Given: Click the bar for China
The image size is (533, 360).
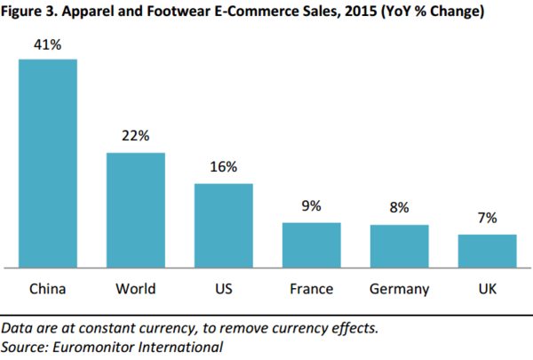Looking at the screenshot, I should (48, 163).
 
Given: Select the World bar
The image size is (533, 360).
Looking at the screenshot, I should (136, 210).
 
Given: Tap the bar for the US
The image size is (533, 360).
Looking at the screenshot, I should (224, 225).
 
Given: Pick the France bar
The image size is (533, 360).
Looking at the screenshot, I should (312, 244).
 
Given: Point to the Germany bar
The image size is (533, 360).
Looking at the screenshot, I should (399, 245).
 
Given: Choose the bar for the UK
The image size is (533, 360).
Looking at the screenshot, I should (487, 251).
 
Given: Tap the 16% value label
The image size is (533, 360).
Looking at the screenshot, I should (224, 167).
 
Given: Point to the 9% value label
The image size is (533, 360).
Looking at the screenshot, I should (312, 206).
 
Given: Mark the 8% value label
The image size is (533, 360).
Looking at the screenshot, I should (399, 208).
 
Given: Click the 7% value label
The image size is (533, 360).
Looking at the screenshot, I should (487, 218).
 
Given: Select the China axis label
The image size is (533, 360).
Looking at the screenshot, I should (48, 289).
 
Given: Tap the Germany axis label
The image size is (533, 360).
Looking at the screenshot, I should (399, 289).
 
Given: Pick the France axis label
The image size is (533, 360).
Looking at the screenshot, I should (312, 289).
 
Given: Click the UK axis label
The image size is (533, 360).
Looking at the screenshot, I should (487, 289).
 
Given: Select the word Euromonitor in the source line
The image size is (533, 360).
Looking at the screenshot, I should (92, 346).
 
